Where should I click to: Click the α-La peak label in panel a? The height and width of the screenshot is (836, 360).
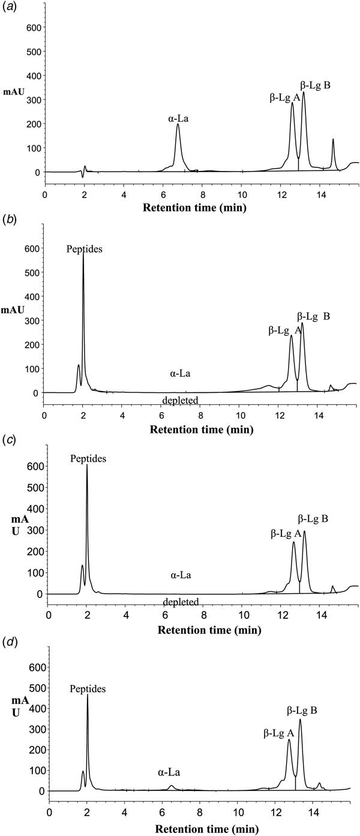tap(179, 118)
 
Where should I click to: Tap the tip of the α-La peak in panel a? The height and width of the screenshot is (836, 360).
tap(178, 125)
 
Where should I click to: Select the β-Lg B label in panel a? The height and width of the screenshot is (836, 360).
tap(315, 85)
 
